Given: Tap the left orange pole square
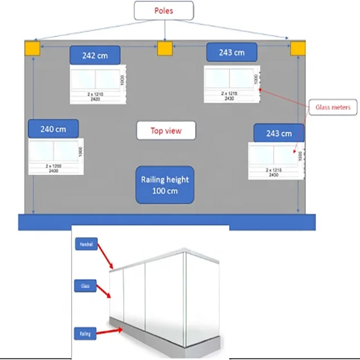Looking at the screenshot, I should click(32, 48).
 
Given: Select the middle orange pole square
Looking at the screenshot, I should click(164, 48).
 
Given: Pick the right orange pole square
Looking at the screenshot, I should click(298, 48).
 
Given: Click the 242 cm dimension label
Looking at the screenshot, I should click(94, 55).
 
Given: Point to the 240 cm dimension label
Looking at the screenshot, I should click(53, 129).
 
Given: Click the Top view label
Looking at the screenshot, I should click(166, 131).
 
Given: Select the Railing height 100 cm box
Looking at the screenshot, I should click(165, 185).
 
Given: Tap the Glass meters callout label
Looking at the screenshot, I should click(332, 107).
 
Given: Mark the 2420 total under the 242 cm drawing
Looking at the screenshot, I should click(95, 98).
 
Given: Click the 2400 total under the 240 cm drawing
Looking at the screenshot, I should click(55, 170).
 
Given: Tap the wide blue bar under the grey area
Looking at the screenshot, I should click(166, 222).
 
